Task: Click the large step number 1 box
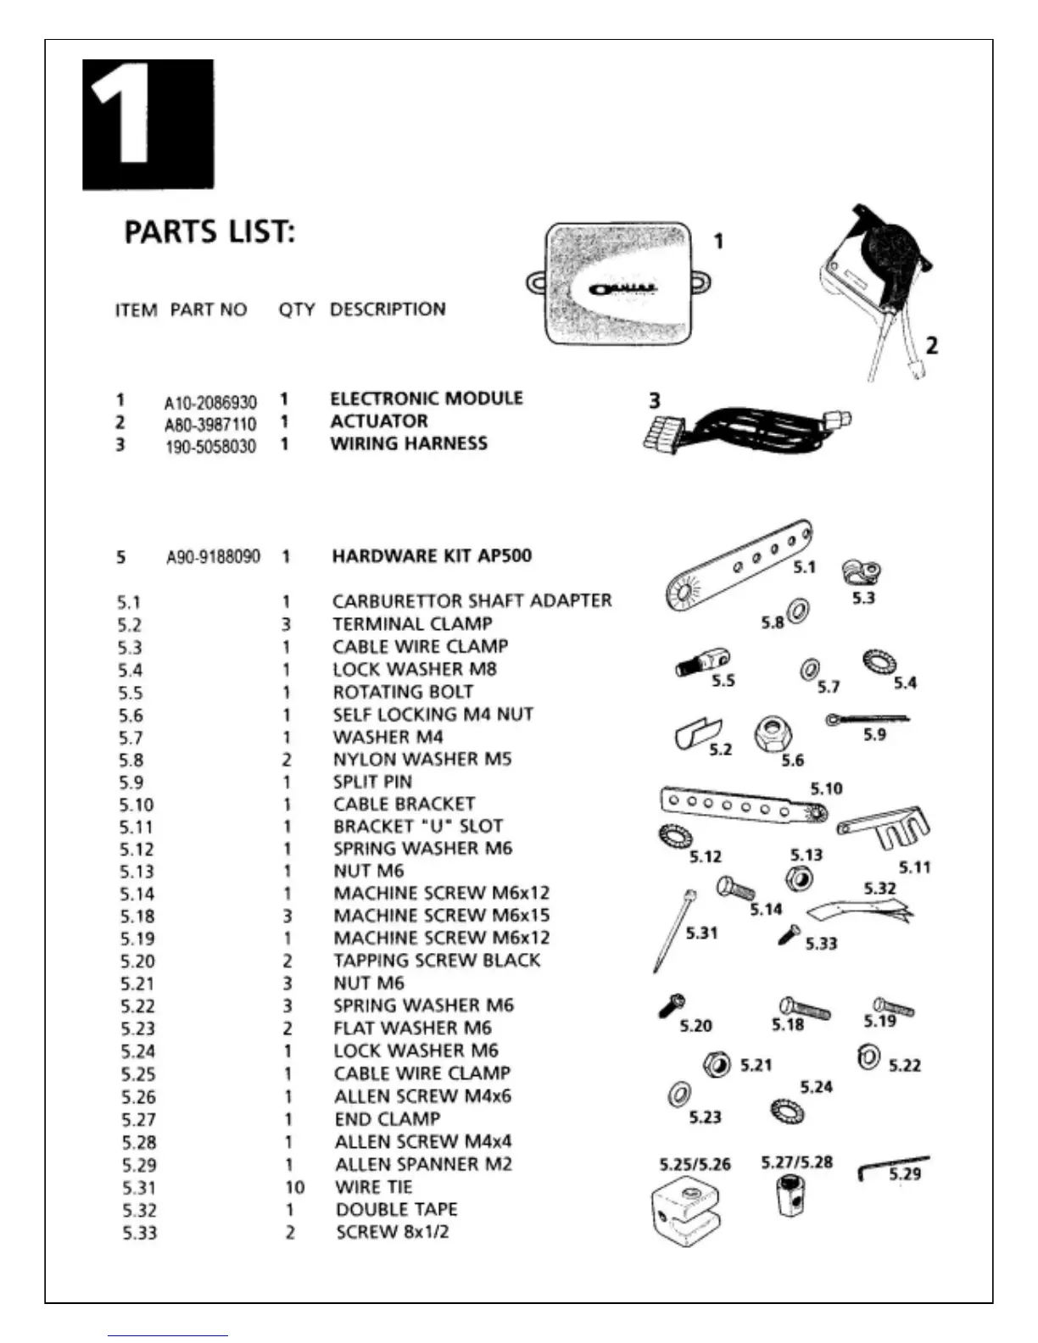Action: click(x=148, y=125)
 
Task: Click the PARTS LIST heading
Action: click(x=209, y=232)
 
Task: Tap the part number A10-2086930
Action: click(x=210, y=402)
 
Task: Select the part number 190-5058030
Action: click(x=210, y=446)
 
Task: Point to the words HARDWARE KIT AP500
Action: click(x=432, y=556)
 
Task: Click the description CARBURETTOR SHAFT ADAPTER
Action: click(x=472, y=601)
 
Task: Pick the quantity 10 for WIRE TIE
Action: click(x=294, y=1187)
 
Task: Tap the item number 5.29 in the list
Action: click(x=139, y=1165)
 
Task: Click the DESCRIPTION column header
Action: click(x=388, y=309)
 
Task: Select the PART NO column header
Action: click(x=209, y=309)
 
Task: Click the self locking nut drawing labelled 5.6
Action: click(x=772, y=734)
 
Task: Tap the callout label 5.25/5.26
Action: click(x=695, y=1164)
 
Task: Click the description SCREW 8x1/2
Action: click(x=392, y=1232)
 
